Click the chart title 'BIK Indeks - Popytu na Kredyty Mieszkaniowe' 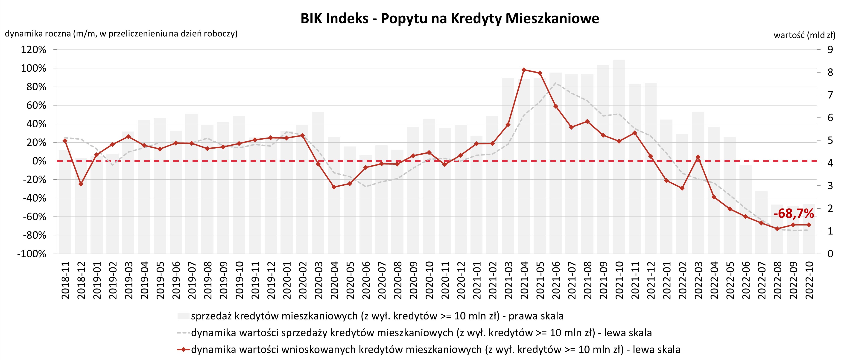coord(450,19)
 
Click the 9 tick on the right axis coord(830,50)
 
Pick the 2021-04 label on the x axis coord(524,280)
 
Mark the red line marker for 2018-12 coord(81,184)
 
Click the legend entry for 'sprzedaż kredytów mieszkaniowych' coord(371,316)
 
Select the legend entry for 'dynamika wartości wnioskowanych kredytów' coord(429,349)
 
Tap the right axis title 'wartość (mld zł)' coord(804,35)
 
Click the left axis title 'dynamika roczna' coord(121,34)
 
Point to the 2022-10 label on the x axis coord(809,280)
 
